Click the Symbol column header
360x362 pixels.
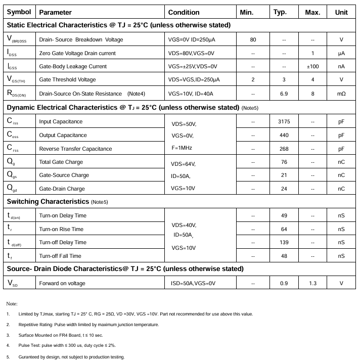coord(19,12)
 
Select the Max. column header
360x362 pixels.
coord(312,12)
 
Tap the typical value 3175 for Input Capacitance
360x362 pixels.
coord(284,122)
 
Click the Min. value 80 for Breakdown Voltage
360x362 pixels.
coord(253,40)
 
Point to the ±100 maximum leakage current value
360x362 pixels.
coord(312,66)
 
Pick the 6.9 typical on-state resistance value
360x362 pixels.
coord(284,94)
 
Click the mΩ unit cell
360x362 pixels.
coord(341,94)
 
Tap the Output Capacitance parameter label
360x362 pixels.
coord(63,135)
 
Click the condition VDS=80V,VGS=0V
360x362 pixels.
coord(192,53)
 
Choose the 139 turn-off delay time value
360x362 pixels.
coord(284,243)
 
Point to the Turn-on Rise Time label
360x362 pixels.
coord(61,230)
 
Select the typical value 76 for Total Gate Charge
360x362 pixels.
coord(284,162)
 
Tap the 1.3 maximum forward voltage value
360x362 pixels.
coord(312,284)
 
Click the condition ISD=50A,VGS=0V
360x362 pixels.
coord(193,284)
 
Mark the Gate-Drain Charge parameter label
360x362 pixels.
coord(62,189)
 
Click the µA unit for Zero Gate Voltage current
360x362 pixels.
coord(341,53)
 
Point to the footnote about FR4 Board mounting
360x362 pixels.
coord(61,335)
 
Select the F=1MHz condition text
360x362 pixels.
coord(182,148)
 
